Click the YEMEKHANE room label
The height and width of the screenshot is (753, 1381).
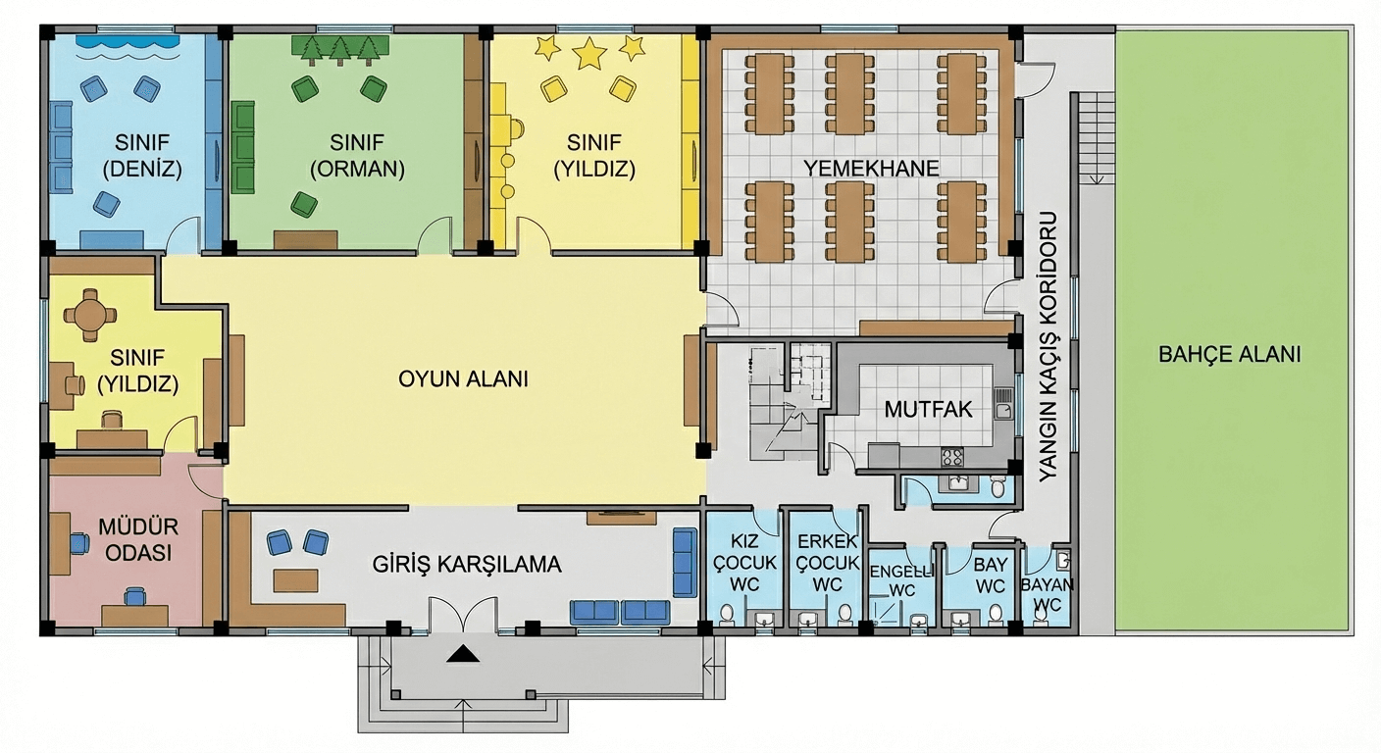[x=871, y=169]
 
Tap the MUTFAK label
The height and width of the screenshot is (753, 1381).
[x=928, y=410]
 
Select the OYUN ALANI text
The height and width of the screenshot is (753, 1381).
[x=463, y=379]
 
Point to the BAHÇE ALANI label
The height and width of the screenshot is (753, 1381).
[x=1230, y=354]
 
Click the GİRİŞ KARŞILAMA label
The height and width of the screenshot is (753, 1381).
[x=467, y=565]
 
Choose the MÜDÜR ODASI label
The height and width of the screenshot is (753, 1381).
[x=138, y=540]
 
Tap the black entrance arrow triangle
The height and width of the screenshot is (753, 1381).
[x=463, y=654]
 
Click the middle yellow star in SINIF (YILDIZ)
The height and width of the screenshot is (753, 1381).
[x=590, y=53]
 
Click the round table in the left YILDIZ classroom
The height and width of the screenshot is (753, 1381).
[x=90, y=315]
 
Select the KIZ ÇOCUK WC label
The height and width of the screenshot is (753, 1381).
[x=744, y=563]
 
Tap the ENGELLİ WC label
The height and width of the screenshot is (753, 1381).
[x=901, y=580]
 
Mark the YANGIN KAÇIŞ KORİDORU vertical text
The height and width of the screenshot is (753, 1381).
[x=1048, y=347]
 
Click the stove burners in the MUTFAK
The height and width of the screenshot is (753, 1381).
[x=952, y=457]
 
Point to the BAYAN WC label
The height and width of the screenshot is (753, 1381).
[x=1047, y=594]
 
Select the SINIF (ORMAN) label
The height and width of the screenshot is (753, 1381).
[x=357, y=156]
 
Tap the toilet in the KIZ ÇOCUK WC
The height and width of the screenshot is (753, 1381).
[x=728, y=615]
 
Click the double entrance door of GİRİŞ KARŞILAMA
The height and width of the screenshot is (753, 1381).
[x=463, y=614]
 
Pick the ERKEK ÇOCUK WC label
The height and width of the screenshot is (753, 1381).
[x=828, y=563]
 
